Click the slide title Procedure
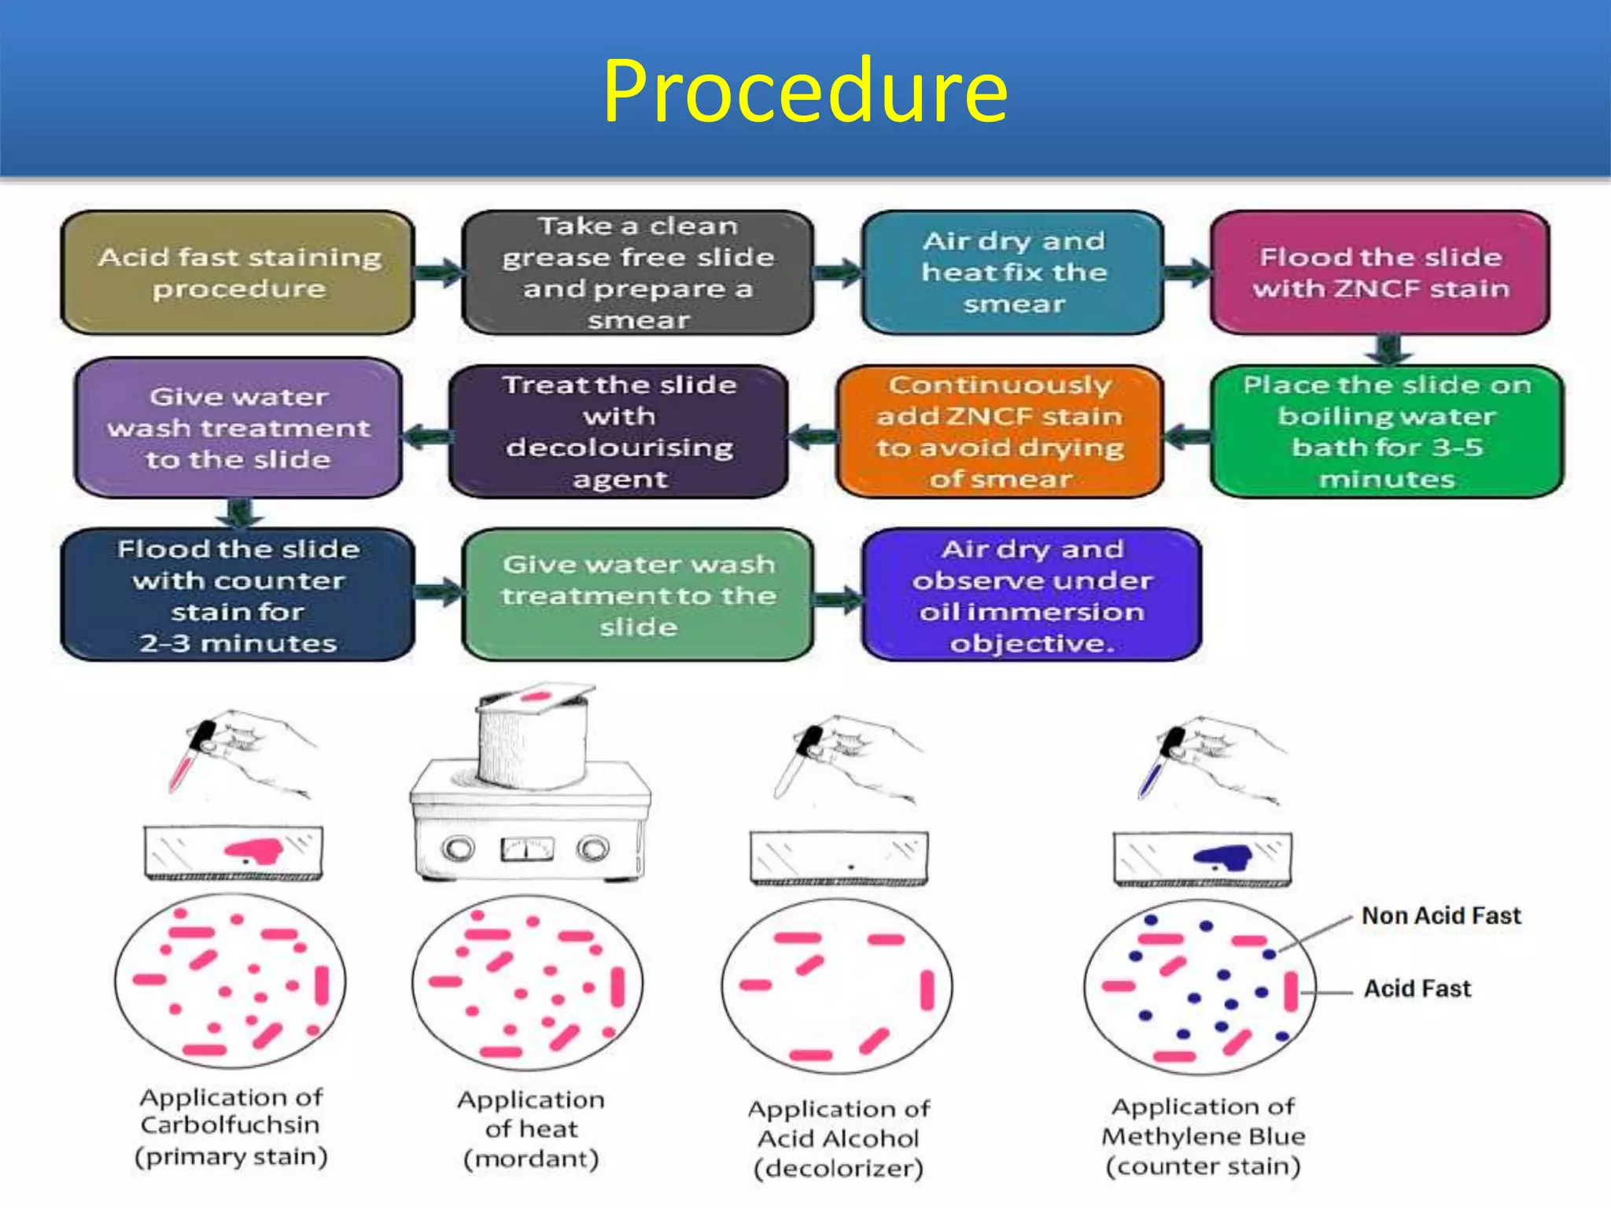click(x=805, y=92)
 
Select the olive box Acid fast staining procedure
click(x=238, y=272)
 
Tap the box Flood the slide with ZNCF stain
click(x=1381, y=272)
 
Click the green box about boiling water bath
click(x=1387, y=431)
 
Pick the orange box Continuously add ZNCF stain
click(x=1000, y=431)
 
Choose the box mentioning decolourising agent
click(x=619, y=431)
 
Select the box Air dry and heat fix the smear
click(x=1013, y=272)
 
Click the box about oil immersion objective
click(x=1031, y=595)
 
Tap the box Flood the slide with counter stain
click(x=238, y=595)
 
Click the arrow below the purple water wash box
click(x=240, y=513)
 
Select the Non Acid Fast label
click(x=1441, y=916)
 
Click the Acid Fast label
click(x=1417, y=989)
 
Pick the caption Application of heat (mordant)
click(x=531, y=1129)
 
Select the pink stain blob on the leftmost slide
click(x=253, y=850)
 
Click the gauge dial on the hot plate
click(x=527, y=849)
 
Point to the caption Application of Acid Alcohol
click(x=839, y=1138)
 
